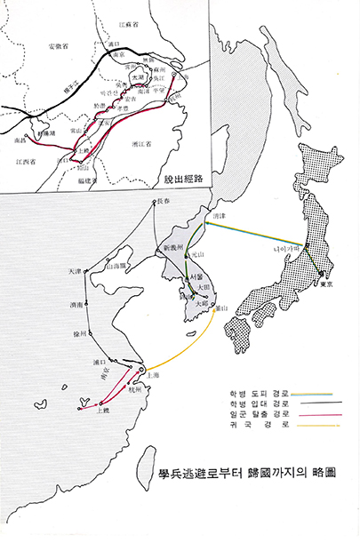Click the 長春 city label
[161, 202]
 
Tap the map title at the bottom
[233, 474]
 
